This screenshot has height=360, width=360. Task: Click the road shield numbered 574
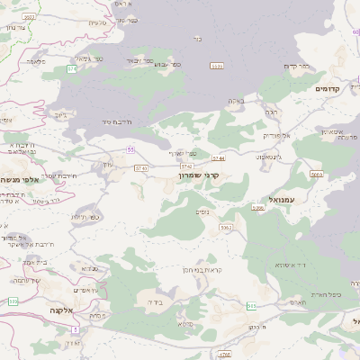pos(71,68)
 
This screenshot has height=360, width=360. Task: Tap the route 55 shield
pos(130,148)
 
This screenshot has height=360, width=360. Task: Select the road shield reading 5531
pos(216,66)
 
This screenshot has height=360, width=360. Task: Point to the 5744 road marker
pos(219,158)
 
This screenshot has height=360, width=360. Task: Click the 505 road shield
pos(252,307)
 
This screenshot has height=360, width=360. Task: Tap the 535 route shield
pos(13,301)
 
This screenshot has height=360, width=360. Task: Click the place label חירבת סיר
pos(117,121)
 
